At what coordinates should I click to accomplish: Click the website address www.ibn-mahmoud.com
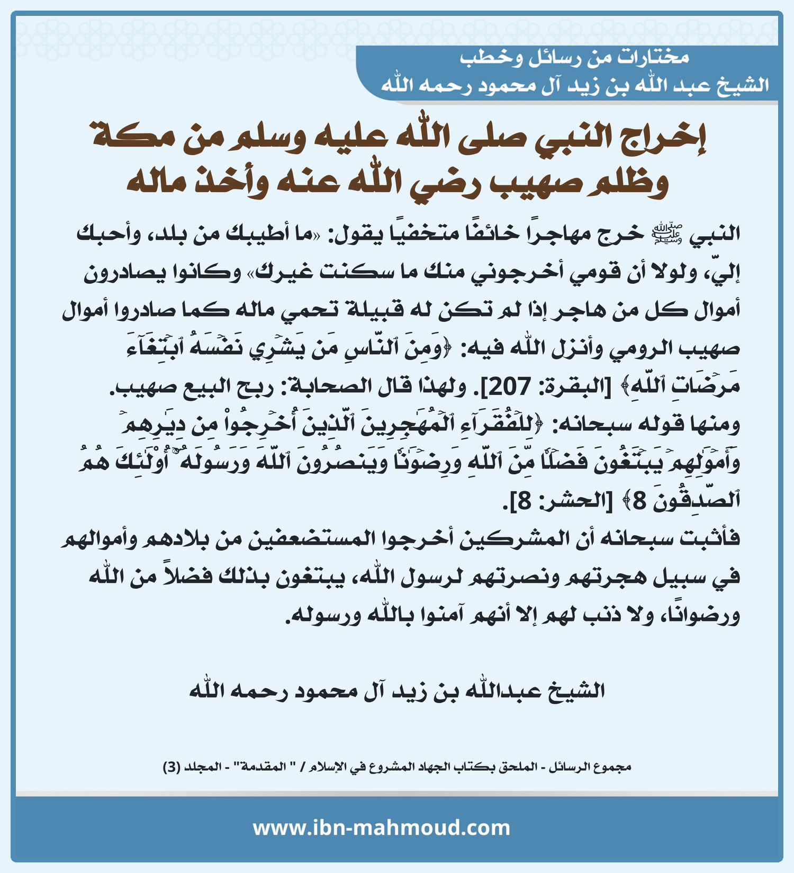coord(381,827)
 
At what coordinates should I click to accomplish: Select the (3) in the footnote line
coord(172,767)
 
